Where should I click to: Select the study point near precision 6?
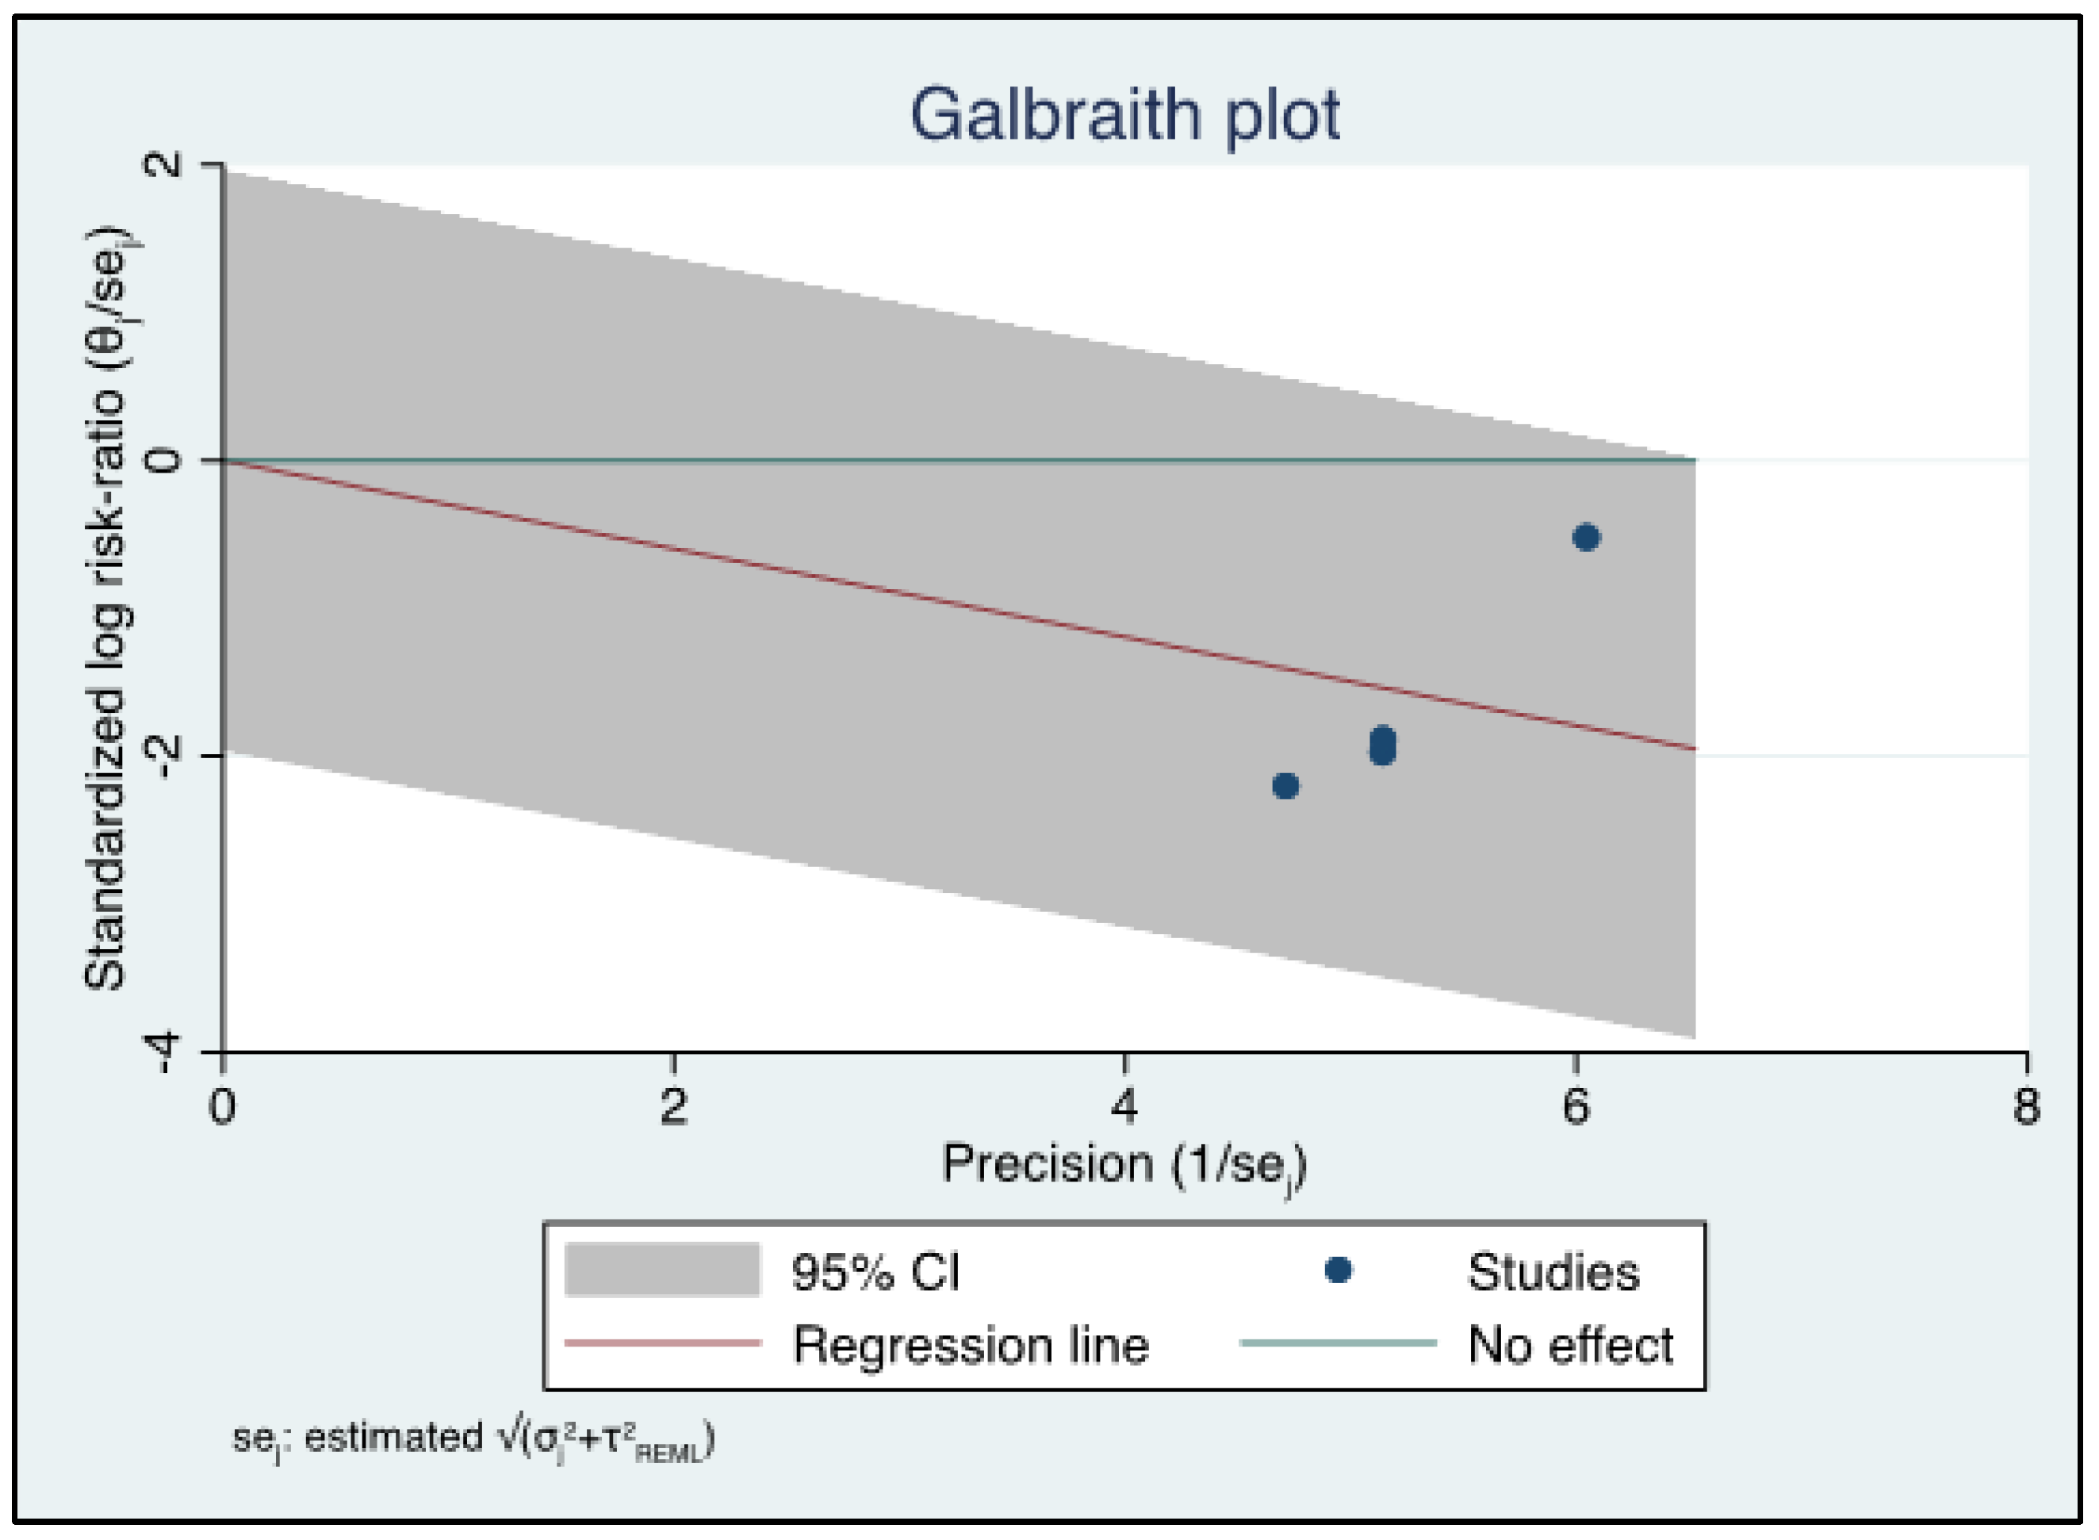click(x=1585, y=537)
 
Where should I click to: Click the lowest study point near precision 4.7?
click(x=1285, y=786)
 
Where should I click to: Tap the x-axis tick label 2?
click(x=673, y=1106)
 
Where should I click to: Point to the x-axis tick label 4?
click(x=1125, y=1106)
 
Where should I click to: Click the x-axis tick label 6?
click(x=1575, y=1106)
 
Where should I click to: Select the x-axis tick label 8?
click(x=2026, y=1106)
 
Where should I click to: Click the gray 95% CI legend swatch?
click(x=662, y=1270)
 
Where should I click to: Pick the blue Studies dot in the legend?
click(x=1338, y=1270)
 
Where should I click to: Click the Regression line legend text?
click(x=969, y=1345)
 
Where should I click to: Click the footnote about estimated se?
click(x=473, y=1439)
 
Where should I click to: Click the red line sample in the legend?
click(x=662, y=1343)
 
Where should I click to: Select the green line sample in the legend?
click(x=1338, y=1343)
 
